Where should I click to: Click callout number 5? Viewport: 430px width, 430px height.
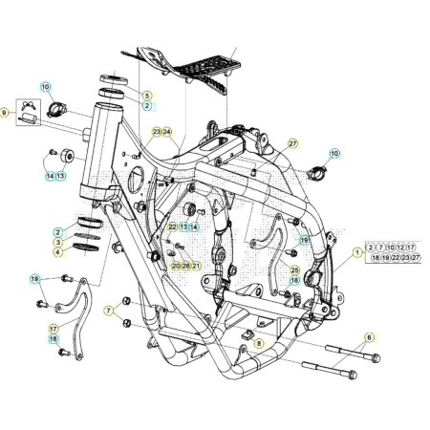[147, 96]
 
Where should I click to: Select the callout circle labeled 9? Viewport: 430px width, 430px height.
[4, 113]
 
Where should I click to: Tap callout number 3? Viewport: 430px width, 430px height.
[58, 242]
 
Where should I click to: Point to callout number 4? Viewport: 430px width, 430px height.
[57, 252]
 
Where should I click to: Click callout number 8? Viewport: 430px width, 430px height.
[259, 343]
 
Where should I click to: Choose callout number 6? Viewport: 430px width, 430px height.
[369, 337]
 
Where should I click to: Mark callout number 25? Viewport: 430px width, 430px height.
[295, 270]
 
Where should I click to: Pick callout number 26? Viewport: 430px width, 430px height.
[186, 266]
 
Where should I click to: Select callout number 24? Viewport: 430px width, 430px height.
[167, 132]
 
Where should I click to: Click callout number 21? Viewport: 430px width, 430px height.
[196, 266]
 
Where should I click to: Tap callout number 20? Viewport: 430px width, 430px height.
[176, 266]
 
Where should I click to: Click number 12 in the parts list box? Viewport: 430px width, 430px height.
[400, 247]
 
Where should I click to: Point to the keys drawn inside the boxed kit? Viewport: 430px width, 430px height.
[29, 105]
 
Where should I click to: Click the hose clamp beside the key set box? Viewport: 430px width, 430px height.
[56, 109]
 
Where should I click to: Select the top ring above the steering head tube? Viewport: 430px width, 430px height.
[114, 79]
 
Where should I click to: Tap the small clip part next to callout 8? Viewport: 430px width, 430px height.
[247, 334]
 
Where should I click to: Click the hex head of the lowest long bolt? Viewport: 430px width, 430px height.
[353, 375]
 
